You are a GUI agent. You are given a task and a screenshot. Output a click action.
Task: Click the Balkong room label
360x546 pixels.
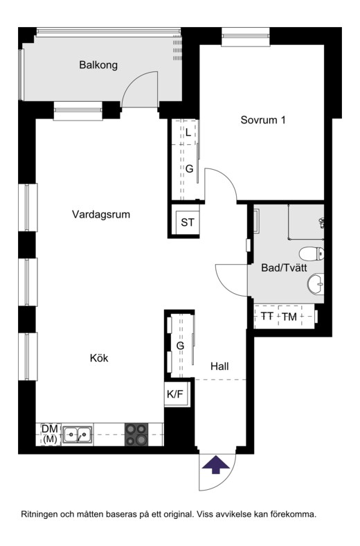tap(98, 65)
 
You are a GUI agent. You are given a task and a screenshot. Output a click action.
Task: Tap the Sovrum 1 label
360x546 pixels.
tap(263, 120)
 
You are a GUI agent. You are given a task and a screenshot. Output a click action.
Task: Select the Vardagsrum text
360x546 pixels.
tap(101, 214)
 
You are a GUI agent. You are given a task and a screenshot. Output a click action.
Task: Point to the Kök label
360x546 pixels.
tap(99, 358)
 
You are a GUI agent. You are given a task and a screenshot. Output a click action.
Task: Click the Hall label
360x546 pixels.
tap(220, 367)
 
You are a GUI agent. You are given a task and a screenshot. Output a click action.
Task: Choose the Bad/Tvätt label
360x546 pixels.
tap(284, 267)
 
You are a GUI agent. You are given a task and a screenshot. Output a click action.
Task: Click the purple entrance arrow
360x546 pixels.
tap(216, 465)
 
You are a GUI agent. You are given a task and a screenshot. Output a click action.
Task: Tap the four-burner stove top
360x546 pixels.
tap(136, 434)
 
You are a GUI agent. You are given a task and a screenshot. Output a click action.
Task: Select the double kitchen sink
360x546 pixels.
tap(78, 435)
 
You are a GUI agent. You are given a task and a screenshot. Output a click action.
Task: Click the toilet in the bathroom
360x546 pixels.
tap(312, 254)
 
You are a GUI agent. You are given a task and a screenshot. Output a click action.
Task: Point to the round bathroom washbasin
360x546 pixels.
tap(316, 283)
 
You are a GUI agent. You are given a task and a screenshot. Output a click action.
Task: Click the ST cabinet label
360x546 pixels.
tap(188, 222)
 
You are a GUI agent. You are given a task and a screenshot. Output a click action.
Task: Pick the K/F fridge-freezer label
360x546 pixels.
tap(175, 394)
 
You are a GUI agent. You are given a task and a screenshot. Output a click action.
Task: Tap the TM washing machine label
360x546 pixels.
tap(289, 317)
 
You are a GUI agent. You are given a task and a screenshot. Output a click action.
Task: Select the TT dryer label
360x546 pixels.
tap(267, 317)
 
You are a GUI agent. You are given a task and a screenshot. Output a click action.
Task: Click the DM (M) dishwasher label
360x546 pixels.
tap(50, 434)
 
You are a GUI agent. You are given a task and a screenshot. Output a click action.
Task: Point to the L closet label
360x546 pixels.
tap(188, 132)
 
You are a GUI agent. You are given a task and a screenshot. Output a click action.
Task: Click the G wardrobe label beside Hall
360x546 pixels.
tap(180, 346)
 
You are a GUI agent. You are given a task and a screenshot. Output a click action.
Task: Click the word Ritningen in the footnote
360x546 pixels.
tap(39, 515)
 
